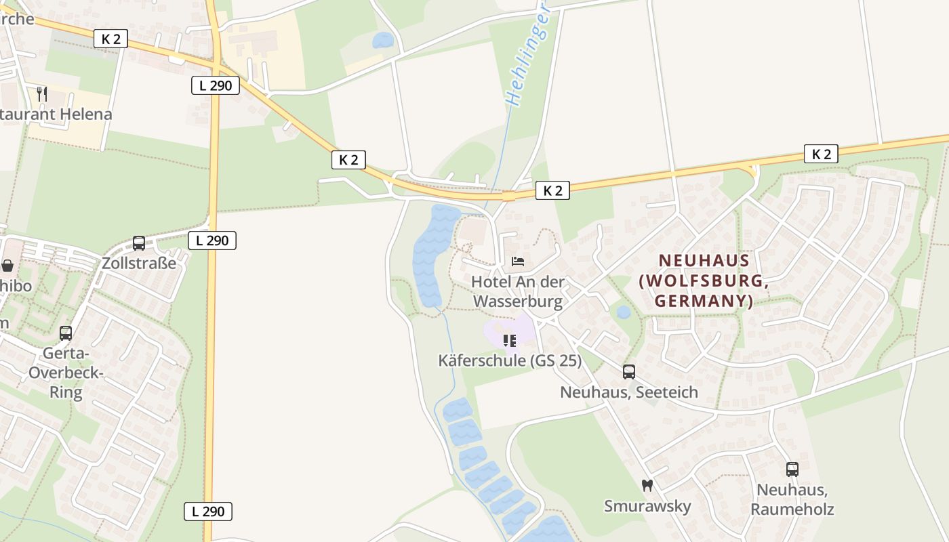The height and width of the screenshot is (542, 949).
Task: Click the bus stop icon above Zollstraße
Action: click(x=139, y=243)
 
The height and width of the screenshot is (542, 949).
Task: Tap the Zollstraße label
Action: click(x=139, y=263)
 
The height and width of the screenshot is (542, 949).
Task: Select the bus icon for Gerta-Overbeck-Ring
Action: click(x=66, y=333)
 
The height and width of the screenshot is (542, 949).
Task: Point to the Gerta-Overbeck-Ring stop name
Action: click(x=66, y=373)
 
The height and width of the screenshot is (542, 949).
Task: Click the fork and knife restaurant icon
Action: click(x=42, y=93)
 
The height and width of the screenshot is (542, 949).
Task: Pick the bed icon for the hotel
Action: click(x=518, y=261)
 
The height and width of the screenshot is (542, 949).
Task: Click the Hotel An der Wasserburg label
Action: click(x=518, y=291)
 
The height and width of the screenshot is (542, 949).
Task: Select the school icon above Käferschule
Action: click(x=510, y=340)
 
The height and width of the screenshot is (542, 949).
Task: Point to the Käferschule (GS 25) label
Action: click(x=510, y=360)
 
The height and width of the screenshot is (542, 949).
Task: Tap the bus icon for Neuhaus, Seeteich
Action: click(x=629, y=371)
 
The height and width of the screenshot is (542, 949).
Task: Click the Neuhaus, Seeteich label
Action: click(x=629, y=392)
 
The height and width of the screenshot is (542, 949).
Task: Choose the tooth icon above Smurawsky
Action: click(x=647, y=485)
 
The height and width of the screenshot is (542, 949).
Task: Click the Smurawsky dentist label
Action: click(x=647, y=505)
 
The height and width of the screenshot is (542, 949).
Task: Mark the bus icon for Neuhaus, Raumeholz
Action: click(x=792, y=469)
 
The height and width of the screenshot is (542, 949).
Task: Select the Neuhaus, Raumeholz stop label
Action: click(x=792, y=499)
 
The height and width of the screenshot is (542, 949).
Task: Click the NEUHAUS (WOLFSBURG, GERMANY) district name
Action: click(x=704, y=280)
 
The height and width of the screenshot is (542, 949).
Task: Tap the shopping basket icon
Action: click(x=8, y=266)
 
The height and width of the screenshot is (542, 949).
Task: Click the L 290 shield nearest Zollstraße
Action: click(x=212, y=240)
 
